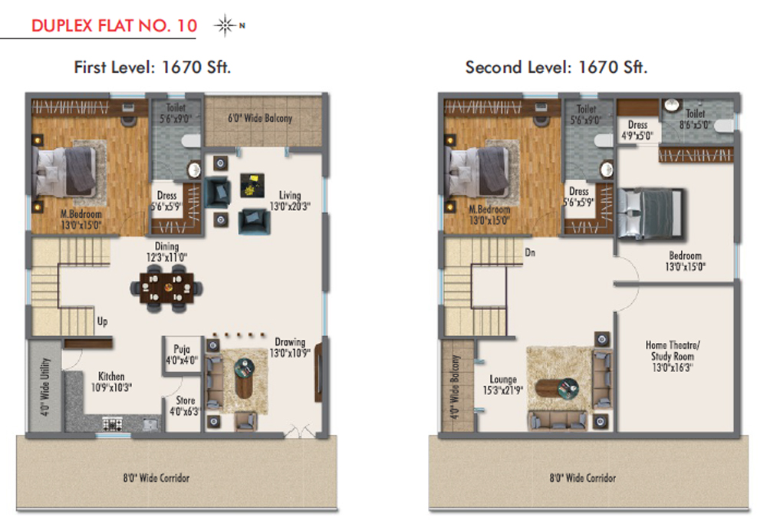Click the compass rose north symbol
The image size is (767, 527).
[x=225, y=25]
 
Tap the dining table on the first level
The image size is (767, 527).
[x=166, y=288]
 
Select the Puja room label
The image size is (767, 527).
[x=182, y=354]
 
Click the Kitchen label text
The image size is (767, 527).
[x=111, y=382]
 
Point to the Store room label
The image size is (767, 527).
[x=184, y=406]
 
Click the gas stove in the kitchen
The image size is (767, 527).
[x=113, y=423]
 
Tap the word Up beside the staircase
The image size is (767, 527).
[x=102, y=321]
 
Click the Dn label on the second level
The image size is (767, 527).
[x=530, y=252]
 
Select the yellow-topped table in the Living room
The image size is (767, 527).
[x=252, y=186]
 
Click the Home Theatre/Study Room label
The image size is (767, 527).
[x=673, y=356]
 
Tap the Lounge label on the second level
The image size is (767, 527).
[x=503, y=384]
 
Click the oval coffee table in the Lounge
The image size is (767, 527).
[x=557, y=388]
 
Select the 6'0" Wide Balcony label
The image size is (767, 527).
[x=260, y=118]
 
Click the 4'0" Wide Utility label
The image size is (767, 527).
[x=45, y=387]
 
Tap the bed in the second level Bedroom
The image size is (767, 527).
[x=650, y=214]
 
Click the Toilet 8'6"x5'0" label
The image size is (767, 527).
[x=695, y=119]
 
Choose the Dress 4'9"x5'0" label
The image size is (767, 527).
[x=637, y=130]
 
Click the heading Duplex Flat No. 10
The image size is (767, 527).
[x=114, y=25]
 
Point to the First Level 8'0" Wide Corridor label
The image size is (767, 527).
[x=156, y=478]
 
